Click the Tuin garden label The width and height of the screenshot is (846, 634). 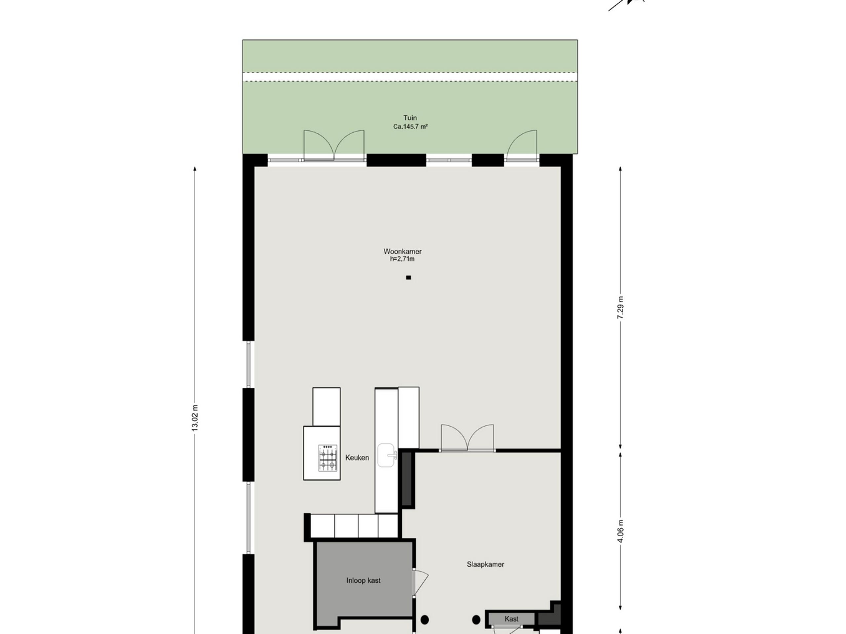pos(410,118)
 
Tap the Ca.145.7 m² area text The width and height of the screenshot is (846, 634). pos(410,126)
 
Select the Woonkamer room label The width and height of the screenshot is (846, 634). pos(403,252)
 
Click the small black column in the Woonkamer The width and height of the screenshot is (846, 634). pos(408,278)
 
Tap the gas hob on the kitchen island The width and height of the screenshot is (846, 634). pos(328,457)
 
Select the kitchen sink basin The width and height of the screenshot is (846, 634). pos(386,455)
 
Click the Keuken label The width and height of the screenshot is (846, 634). pos(357,458)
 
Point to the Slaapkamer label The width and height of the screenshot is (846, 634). pos(485,564)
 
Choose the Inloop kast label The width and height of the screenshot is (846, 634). pos(363,581)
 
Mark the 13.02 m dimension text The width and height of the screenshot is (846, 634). pos(195,418)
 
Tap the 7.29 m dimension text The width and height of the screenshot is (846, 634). pos(620,308)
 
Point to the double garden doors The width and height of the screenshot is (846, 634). pos(334,145)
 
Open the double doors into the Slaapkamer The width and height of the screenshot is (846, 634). pos(467,438)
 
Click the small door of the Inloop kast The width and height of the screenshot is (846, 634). pos(420,582)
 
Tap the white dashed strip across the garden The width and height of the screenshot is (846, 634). pos(410,77)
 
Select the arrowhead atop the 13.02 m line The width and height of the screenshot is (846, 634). pos(195,169)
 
